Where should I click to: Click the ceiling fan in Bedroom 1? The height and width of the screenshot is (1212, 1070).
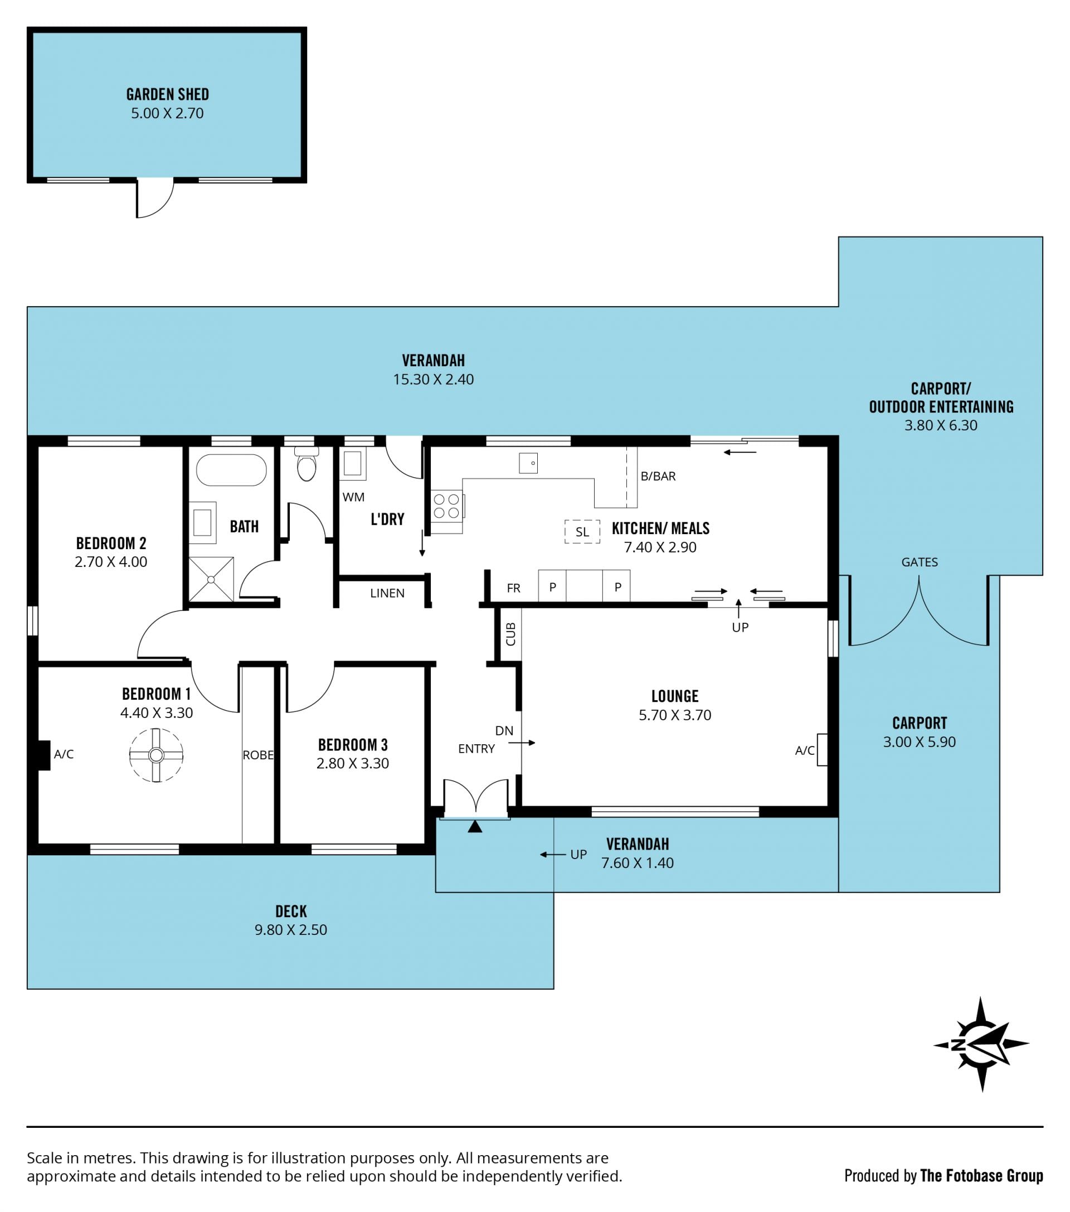pos(156,755)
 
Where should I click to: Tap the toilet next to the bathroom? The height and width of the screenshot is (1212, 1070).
pos(306,464)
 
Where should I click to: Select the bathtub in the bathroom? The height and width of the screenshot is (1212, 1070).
pos(231,470)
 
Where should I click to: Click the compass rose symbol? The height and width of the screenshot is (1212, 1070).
pos(980,1044)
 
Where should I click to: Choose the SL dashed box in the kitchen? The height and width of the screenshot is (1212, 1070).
pos(582,532)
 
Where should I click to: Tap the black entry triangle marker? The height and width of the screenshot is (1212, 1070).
pos(475,827)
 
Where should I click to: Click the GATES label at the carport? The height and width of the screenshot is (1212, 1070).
pos(920,562)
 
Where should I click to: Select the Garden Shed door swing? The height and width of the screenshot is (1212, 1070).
pos(155,198)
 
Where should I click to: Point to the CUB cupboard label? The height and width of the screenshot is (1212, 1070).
pos(510,634)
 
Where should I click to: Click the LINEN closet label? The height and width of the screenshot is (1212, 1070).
pos(387,593)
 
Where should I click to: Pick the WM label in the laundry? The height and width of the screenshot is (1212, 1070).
pos(353,497)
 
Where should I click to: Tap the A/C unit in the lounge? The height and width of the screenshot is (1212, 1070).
pos(821,749)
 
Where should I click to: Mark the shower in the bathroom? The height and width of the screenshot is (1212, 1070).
pos(211,579)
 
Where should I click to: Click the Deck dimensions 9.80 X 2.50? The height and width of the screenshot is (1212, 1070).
pos(290,929)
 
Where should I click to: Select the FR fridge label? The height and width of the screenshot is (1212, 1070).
pos(513,588)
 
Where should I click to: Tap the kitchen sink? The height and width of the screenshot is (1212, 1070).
pos(528,463)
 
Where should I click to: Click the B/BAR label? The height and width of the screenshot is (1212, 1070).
pos(658,476)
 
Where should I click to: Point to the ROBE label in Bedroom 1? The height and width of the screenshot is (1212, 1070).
pos(258,755)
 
